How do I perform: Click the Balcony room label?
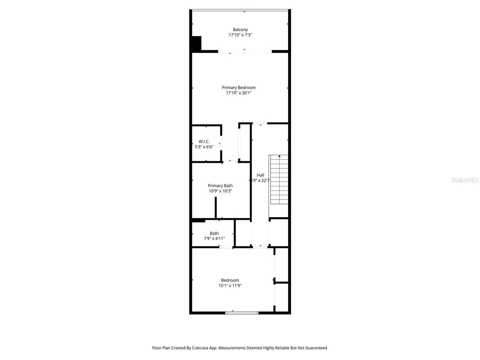[x=240, y=30]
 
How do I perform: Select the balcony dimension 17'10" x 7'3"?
[x=240, y=35]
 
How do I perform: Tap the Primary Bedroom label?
[x=238, y=88]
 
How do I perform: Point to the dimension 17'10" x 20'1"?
[x=238, y=93]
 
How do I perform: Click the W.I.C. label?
[x=204, y=142]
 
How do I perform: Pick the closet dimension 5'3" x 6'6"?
[x=204, y=147]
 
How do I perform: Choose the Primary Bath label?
[x=220, y=186]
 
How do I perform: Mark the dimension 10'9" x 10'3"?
[x=220, y=191]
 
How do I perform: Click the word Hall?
[x=260, y=175]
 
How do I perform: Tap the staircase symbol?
[x=279, y=180]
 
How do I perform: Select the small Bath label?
[x=214, y=233]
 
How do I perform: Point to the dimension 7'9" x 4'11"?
[x=214, y=238]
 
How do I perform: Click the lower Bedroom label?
[x=230, y=280]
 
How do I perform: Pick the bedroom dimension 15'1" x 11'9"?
[x=230, y=285]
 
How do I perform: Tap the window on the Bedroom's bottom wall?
[x=242, y=312]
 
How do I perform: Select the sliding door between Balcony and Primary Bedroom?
[x=244, y=51]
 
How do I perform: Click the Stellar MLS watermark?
[x=465, y=180]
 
